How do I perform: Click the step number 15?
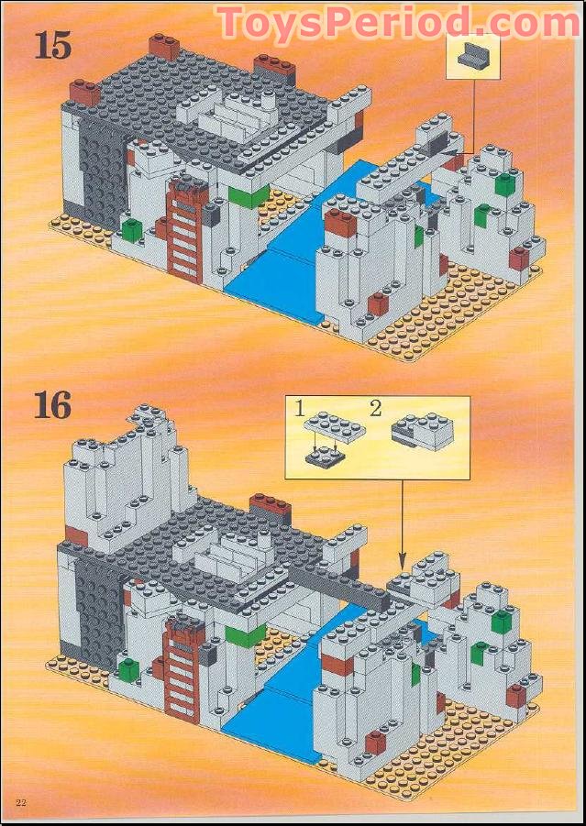click(x=52, y=44)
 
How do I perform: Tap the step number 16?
click(x=52, y=404)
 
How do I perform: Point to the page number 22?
click(x=20, y=803)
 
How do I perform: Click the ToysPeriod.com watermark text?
click(x=398, y=22)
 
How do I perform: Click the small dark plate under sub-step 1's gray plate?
click(x=324, y=454)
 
